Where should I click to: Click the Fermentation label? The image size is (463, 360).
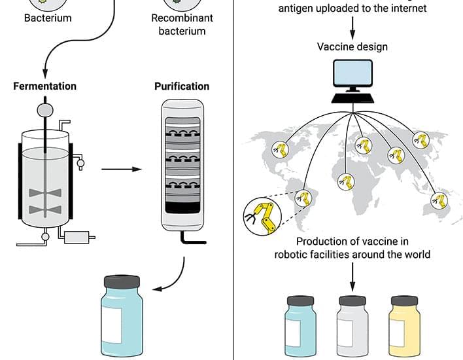44,86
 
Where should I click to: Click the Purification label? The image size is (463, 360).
182,86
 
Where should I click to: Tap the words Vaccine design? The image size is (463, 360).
352,47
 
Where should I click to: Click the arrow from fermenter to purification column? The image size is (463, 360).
122,170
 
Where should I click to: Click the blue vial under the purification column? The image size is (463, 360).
122,317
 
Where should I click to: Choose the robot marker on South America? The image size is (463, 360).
302,196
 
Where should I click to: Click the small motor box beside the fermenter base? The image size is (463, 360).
78,236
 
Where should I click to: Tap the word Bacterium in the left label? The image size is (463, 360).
48,18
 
